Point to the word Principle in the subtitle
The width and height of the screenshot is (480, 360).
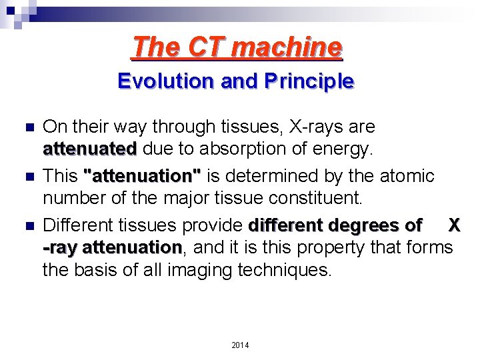[311, 81]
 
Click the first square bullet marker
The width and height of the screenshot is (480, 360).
[27, 127]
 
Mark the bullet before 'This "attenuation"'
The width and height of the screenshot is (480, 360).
[27, 176]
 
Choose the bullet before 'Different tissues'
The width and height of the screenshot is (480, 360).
[27, 225]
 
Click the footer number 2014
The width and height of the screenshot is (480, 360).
[240, 345]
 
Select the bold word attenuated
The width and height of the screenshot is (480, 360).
[90, 148]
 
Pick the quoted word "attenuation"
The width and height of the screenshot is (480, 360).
[142, 176]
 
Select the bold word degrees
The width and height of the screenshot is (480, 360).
[366, 225]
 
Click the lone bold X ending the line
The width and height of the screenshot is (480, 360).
[453, 225]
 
